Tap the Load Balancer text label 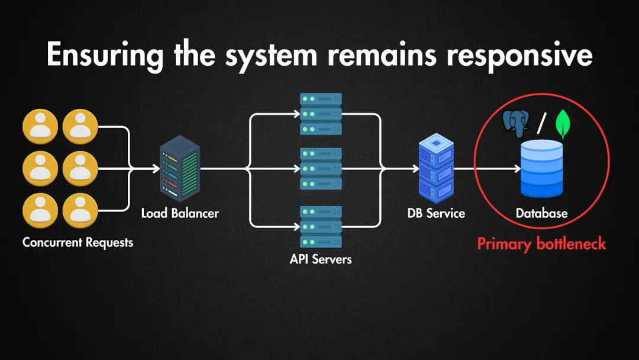tap(180, 213)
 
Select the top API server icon tap(321, 114)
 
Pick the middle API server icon tap(321, 169)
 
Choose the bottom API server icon tap(321, 226)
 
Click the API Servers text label tap(321, 259)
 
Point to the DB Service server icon tap(436, 169)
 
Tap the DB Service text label tap(436, 213)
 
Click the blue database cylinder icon tap(541, 169)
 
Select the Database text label tap(541, 213)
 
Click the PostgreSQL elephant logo tap(515, 121)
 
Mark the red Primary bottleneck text tap(541, 244)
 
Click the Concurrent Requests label tap(78, 242)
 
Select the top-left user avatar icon tap(40, 127)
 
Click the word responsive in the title tap(519, 54)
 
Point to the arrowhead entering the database tap(517, 169)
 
